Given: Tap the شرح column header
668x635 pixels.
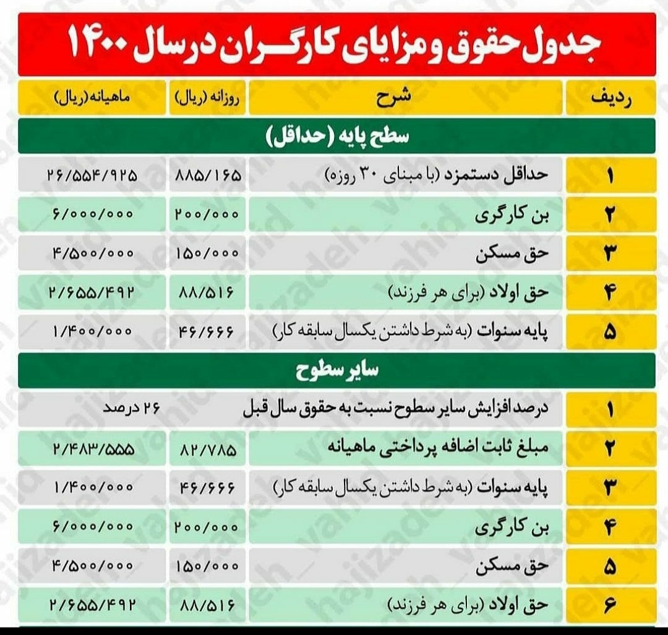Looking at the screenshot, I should coord(406,98).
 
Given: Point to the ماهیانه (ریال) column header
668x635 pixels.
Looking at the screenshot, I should coord(92,98).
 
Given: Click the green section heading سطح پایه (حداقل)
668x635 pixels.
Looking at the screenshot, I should coord(338,136).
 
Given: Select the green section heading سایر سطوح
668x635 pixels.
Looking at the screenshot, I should coord(338,371).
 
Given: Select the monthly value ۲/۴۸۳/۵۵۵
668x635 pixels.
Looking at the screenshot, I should coord(92,448).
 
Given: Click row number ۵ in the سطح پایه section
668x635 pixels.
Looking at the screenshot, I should coord(610,332).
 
